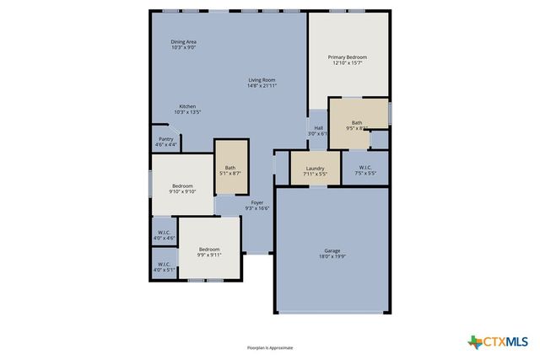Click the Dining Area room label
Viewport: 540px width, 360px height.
[x=183, y=41]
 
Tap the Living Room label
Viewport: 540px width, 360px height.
[x=262, y=80]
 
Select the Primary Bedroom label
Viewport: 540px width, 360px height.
[x=348, y=57]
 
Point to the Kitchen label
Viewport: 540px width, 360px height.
[x=186, y=106]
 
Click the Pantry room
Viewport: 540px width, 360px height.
[x=165, y=142]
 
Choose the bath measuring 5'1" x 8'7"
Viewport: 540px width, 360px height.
[x=230, y=169]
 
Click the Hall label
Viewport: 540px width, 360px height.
[x=318, y=128]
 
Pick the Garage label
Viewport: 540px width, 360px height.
[x=332, y=250]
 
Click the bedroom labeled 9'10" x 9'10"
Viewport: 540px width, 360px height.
[x=182, y=188]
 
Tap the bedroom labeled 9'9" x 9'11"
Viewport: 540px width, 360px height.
[x=209, y=251]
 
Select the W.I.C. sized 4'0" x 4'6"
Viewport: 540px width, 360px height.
[x=164, y=235]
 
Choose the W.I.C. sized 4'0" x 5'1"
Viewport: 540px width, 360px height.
[x=164, y=266]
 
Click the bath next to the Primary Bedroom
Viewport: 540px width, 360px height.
[x=357, y=124]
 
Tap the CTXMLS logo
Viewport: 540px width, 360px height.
[x=498, y=341]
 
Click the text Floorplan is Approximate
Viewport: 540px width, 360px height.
[x=270, y=347]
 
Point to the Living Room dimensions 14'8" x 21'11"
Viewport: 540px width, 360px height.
[x=262, y=85]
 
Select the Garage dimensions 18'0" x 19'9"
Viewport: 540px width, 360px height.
[x=332, y=255]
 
